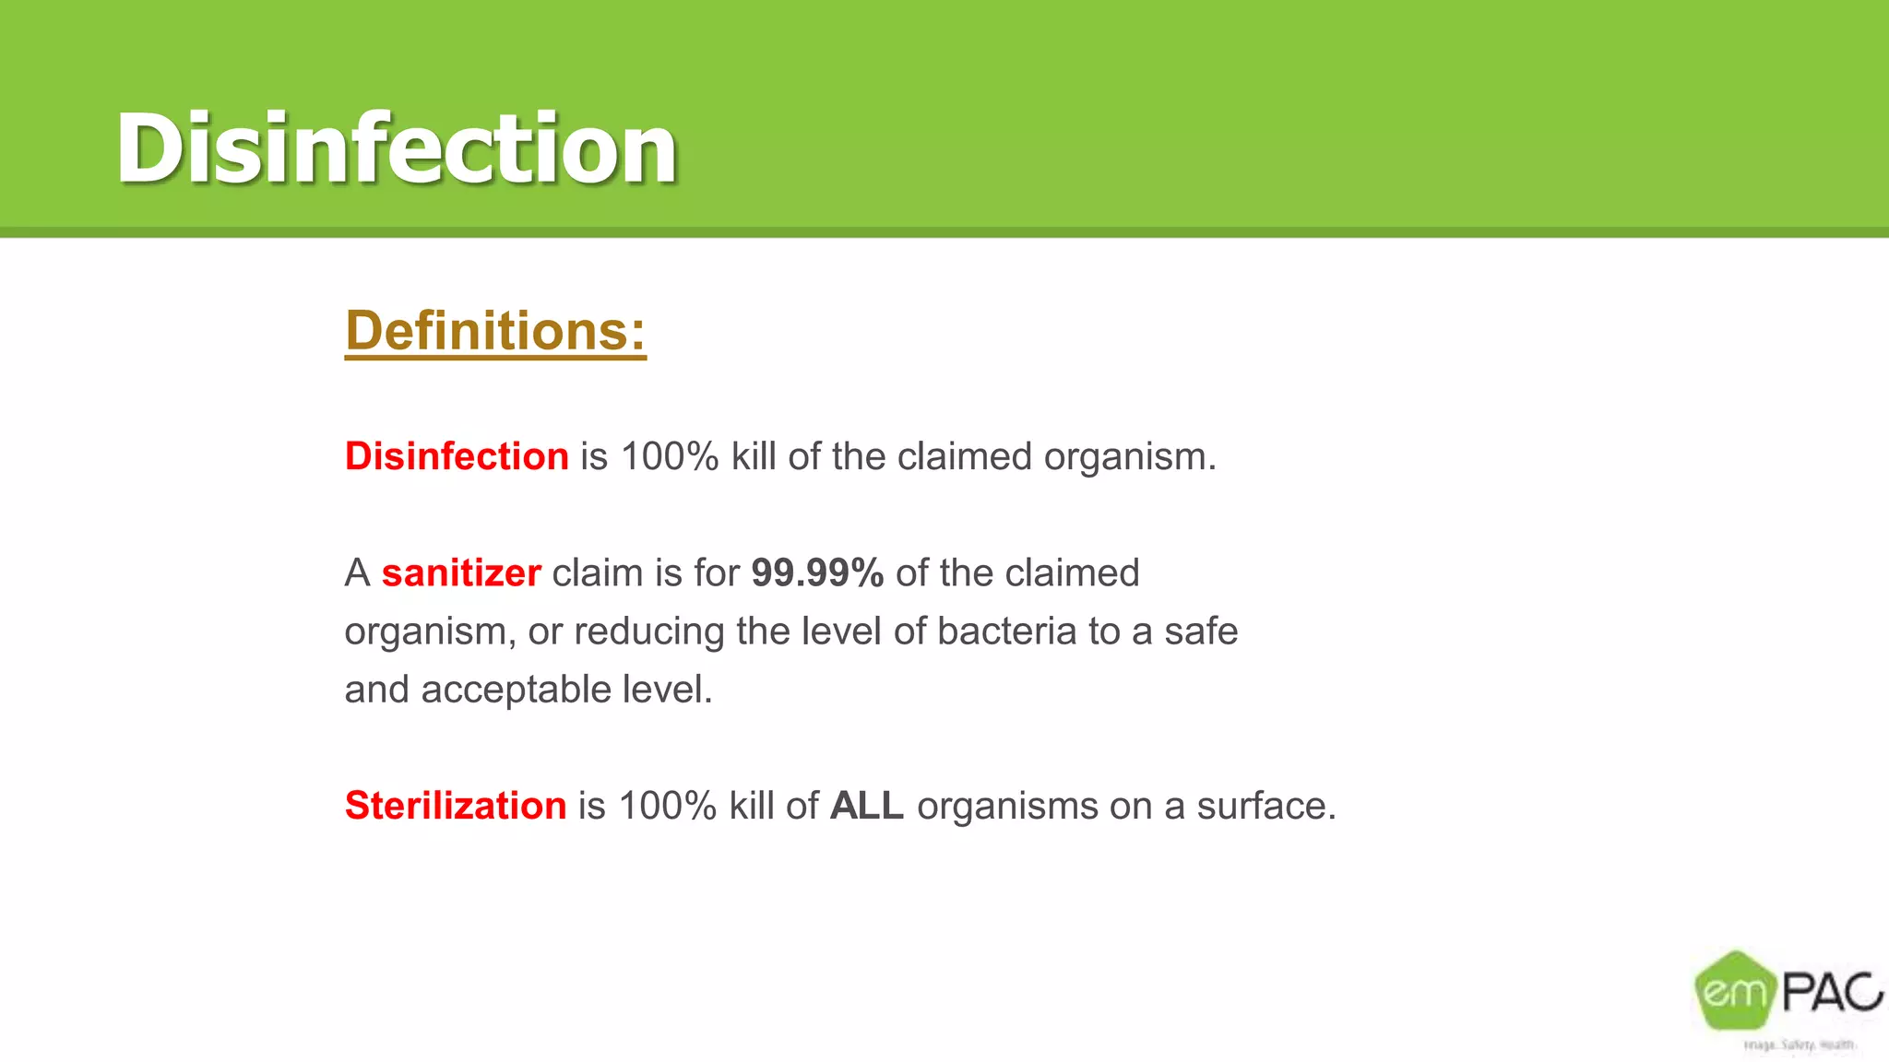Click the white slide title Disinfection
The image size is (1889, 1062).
[397, 147]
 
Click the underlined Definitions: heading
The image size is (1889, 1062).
[495, 331]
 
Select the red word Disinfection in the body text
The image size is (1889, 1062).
[457, 456]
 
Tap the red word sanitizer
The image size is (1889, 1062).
[461, 573]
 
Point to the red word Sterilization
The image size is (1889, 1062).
[456, 806]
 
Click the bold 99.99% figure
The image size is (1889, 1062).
[817, 573]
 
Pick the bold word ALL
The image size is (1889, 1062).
[867, 806]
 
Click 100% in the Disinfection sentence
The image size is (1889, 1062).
[670, 456]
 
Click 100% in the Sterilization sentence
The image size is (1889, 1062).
[667, 806]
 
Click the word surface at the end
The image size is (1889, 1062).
[1265, 806]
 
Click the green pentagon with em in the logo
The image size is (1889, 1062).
[1735, 991]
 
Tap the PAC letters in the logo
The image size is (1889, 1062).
[1831, 992]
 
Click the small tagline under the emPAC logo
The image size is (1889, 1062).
[1799, 1044]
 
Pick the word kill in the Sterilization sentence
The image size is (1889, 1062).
[751, 806]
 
